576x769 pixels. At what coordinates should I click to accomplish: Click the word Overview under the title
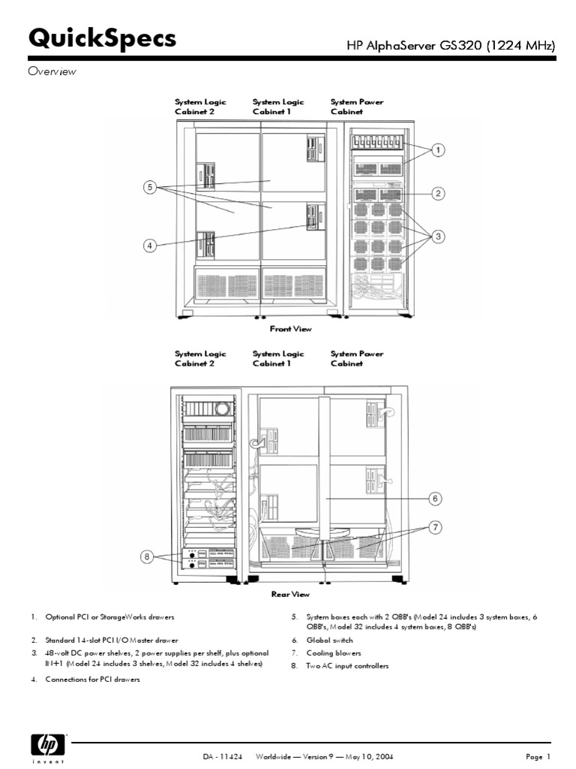52,71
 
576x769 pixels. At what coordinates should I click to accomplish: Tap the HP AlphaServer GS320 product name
450,46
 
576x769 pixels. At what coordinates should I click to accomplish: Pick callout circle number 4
150,246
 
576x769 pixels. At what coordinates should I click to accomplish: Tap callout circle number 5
150,187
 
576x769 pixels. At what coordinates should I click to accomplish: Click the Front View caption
290,329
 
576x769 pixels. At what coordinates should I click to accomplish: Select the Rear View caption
290,594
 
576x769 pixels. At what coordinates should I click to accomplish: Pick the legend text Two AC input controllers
347,666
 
